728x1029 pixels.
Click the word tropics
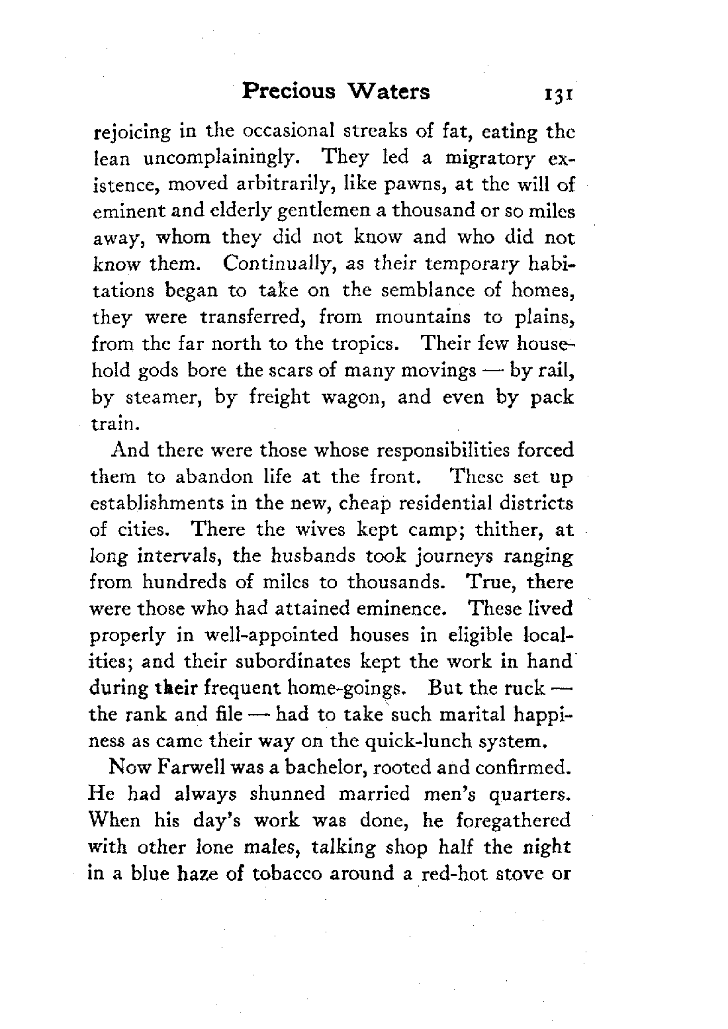pos(371,343)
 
